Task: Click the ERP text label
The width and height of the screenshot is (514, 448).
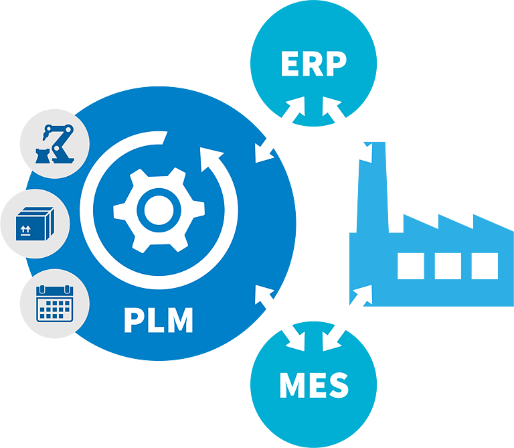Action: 314,64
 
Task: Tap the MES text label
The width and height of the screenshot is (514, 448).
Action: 314,385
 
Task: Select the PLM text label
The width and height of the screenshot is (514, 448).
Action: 159,320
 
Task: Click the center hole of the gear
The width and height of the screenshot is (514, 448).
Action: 159,210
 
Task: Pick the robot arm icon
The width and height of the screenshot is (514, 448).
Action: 55,144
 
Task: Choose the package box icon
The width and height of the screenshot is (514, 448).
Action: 35,224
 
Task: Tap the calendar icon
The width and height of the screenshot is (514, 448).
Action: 55,304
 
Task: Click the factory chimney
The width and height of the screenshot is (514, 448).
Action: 372,187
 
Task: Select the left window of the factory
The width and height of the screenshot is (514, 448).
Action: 411,266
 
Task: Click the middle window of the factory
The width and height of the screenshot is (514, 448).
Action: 448,266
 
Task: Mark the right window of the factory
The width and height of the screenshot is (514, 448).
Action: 485,266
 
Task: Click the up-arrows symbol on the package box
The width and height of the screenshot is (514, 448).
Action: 25,230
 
